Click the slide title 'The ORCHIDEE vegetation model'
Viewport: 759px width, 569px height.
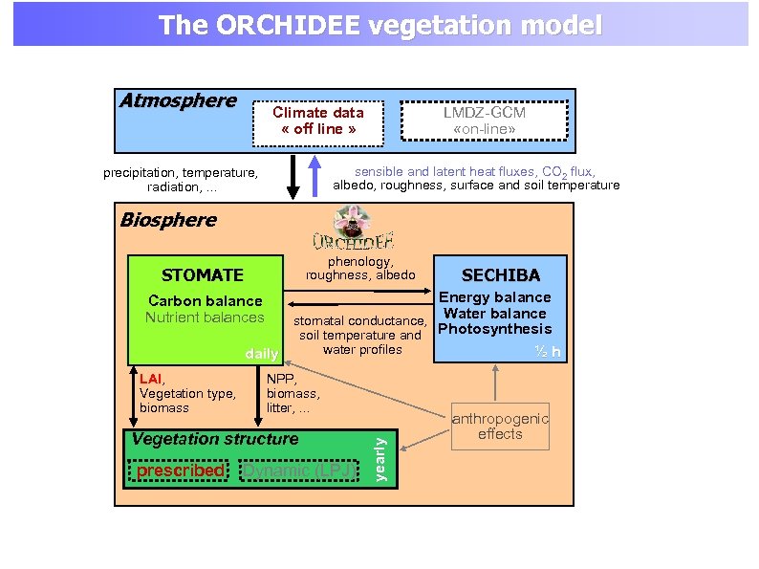379,25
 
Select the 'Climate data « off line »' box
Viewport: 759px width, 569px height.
318,121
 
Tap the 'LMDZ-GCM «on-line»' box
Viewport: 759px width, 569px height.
484,121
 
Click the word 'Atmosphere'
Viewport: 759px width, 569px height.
178,101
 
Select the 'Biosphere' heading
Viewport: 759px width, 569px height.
168,220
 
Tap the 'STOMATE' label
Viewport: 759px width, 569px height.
203,275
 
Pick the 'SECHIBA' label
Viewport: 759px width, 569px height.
500,275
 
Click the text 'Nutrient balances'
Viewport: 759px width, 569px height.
205,317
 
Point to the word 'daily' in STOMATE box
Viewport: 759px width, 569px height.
261,354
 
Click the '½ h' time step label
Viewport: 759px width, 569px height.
548,352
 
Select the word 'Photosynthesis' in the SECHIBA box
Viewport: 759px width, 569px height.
494,329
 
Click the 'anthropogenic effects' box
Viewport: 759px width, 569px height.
500,427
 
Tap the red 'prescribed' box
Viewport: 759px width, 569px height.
180,471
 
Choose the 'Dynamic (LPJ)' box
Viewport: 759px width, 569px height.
296,471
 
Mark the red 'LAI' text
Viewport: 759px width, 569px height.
150,379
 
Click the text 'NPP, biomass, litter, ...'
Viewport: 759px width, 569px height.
293,393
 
